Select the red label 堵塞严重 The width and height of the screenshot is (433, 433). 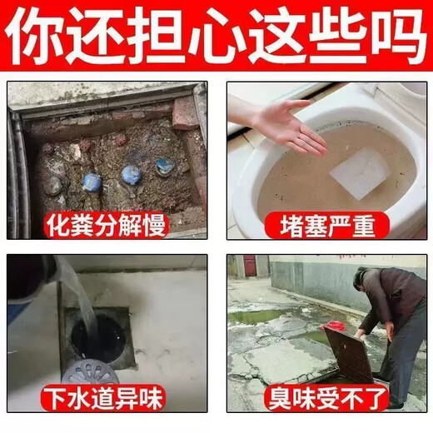click(325, 223)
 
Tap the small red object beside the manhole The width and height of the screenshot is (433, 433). click(334, 325)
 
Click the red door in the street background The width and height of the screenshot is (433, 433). click(249, 266)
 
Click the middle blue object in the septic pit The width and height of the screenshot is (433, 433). click(130, 174)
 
